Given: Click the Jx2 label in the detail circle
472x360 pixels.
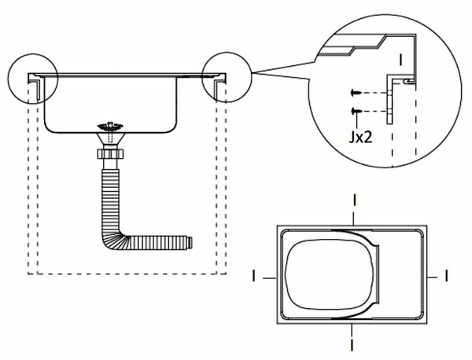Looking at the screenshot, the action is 360,137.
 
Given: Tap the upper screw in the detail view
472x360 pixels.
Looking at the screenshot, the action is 355,93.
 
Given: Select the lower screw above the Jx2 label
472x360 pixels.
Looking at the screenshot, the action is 356,112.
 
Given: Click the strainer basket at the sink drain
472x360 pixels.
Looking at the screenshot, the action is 110,126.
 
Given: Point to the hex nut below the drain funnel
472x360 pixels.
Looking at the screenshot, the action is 110,154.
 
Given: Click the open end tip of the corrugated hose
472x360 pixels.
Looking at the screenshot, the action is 190,243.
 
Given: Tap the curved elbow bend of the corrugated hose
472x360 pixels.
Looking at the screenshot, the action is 112,240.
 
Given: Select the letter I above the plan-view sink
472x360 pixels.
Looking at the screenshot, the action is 355,200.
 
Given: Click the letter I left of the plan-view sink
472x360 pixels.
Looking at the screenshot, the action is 254,276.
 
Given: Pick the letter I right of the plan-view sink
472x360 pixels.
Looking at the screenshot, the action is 446,276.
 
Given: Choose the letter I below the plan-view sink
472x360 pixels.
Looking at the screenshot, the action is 352,344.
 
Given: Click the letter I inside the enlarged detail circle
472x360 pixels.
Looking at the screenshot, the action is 400,60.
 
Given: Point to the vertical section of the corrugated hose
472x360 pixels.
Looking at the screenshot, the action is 110,200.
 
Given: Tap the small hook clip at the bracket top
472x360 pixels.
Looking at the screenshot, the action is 408,82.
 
